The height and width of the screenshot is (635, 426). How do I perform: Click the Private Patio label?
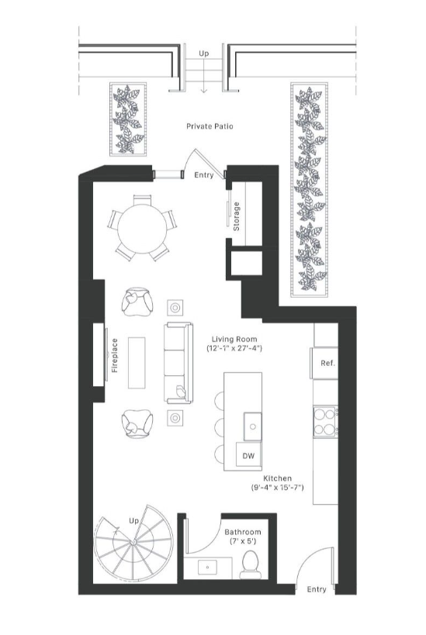(210, 125)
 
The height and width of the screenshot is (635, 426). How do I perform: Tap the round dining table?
(141, 226)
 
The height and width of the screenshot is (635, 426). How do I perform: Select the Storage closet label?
(237, 217)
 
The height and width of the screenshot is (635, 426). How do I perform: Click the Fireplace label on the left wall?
(114, 355)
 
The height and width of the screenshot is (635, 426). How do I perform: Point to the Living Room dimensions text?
(234, 344)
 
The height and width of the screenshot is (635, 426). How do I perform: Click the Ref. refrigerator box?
(326, 363)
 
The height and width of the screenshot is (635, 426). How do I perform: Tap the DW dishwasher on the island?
(249, 455)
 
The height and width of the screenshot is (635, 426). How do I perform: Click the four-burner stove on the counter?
(324, 423)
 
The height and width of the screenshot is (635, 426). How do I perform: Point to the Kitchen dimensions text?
(276, 483)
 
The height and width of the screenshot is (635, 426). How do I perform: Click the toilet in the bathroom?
(249, 564)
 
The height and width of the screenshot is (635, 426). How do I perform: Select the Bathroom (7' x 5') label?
(243, 537)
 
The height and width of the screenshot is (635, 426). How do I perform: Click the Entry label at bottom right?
(316, 589)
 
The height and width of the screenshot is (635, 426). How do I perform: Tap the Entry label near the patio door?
(203, 176)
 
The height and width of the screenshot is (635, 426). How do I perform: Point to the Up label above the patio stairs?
(204, 53)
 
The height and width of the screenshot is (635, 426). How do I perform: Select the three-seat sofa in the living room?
(175, 362)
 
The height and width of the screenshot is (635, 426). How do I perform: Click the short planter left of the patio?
(124, 118)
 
